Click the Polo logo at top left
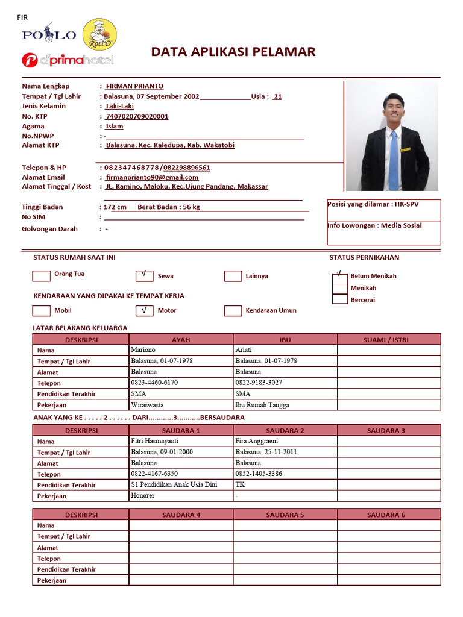49,35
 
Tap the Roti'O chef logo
99,35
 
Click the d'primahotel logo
68,60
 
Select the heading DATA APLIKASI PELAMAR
233,52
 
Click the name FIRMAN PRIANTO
134,86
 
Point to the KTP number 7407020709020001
137,116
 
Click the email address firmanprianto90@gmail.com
152,177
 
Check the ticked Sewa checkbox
144,276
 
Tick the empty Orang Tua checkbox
41,276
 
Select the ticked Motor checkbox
144,311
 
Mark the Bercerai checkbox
340,299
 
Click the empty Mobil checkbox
41,311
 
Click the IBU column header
285,340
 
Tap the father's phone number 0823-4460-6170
154,383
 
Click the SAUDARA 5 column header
285,515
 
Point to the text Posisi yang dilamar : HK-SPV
373,204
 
